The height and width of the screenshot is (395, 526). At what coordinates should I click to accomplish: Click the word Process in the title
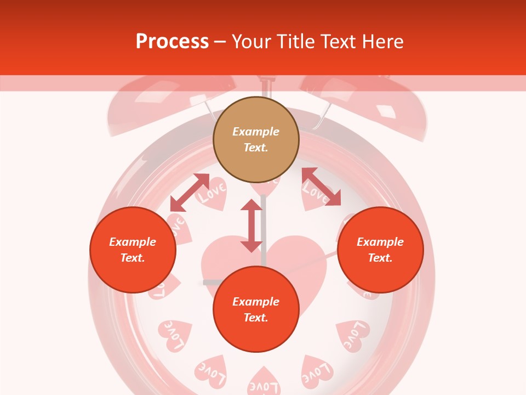(x=172, y=42)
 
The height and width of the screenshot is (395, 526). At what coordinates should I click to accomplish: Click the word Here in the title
(x=382, y=42)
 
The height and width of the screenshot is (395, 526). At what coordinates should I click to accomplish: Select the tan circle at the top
(x=256, y=140)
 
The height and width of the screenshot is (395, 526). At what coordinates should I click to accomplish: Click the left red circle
(x=133, y=250)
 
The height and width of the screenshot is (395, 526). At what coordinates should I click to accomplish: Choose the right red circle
(x=380, y=250)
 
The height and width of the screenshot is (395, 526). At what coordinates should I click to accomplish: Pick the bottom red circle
(x=256, y=309)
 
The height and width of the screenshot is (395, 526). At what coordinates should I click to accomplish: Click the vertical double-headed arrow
(x=251, y=225)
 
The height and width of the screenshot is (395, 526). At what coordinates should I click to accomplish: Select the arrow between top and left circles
(x=190, y=193)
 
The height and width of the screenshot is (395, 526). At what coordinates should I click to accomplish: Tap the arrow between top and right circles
(x=321, y=187)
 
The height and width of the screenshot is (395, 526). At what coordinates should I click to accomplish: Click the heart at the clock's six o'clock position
(x=264, y=383)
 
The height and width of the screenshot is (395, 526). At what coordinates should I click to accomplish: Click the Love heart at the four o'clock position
(x=352, y=335)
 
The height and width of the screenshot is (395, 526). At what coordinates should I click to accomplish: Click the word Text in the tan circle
(x=256, y=148)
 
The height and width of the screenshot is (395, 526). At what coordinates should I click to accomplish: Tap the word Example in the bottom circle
(x=256, y=302)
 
